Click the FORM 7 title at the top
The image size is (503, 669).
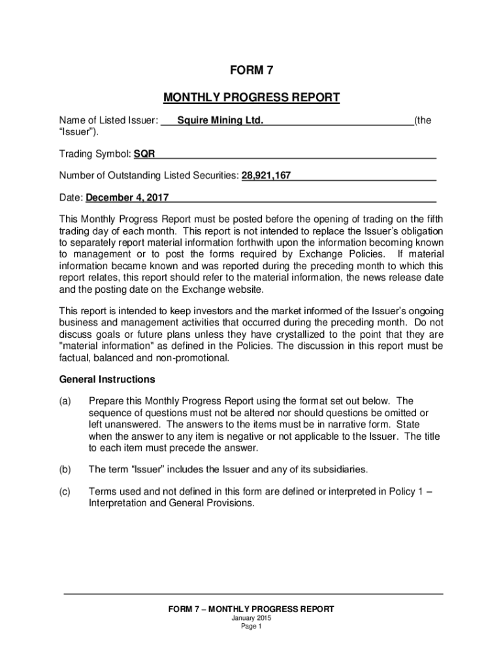251,71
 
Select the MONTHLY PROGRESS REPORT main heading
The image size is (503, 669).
251,98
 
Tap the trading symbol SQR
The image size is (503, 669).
144,154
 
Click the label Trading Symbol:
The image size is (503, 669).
95,154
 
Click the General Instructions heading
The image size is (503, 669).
107,379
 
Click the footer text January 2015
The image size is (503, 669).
252,618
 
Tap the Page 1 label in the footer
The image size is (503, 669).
252,627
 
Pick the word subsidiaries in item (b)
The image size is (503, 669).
340,469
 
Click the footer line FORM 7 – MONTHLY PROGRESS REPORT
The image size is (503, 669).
252,609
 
